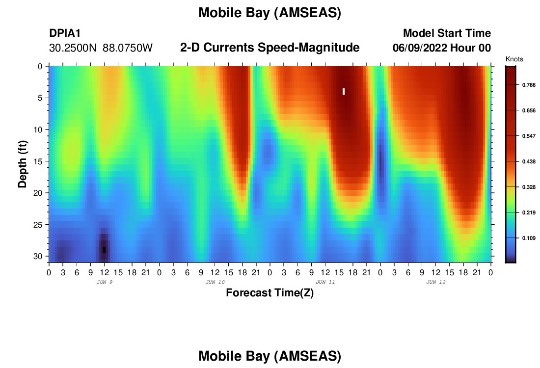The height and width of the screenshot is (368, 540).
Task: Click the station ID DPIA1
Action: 65,33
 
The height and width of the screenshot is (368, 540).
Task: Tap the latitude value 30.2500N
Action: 73,48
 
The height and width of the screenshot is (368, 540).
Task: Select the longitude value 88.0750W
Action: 128,48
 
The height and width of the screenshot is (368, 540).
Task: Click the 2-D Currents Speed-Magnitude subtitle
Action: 270,48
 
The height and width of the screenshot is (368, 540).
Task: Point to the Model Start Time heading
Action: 447,33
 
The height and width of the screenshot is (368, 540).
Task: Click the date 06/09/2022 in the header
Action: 420,48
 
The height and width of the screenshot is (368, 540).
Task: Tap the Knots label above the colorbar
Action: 514,59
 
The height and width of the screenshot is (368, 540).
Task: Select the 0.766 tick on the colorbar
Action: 529,85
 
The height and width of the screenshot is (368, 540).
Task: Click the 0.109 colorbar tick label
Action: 529,238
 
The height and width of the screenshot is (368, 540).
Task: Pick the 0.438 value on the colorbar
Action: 529,161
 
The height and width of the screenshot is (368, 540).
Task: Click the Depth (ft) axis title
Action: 23,164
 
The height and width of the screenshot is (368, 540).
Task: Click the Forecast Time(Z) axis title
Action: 270,292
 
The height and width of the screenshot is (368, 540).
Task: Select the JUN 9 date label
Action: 105,282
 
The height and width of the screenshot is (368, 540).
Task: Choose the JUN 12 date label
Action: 436,282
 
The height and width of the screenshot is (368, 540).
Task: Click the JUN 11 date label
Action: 325,282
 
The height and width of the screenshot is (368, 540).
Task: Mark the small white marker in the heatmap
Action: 344,91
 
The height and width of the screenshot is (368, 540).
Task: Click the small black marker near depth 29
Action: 105,250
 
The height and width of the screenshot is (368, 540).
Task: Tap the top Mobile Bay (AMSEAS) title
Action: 270,13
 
